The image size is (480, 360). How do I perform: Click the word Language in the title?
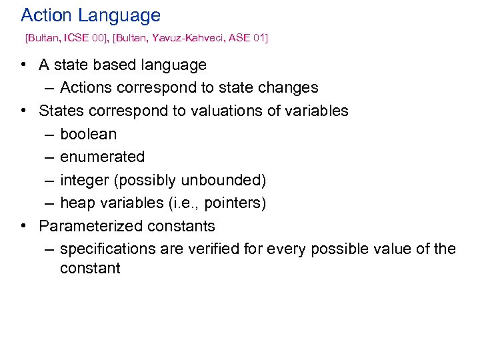coord(122,16)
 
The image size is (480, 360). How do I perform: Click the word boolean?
coord(88,134)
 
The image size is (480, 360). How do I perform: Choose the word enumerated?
coord(102,157)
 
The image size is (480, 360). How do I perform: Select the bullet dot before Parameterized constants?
coord(23,226)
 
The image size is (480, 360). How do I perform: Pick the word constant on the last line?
coord(90,269)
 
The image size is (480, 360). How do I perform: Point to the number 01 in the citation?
coord(257,39)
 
